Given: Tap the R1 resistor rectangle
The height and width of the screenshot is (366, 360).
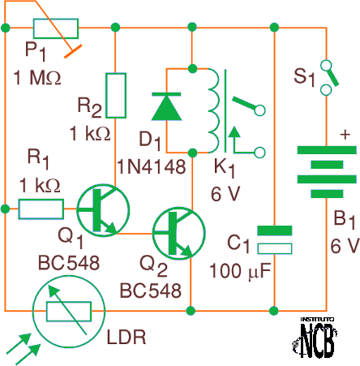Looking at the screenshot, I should (41, 209).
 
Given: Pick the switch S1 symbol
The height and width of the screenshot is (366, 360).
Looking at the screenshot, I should (328, 78).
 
